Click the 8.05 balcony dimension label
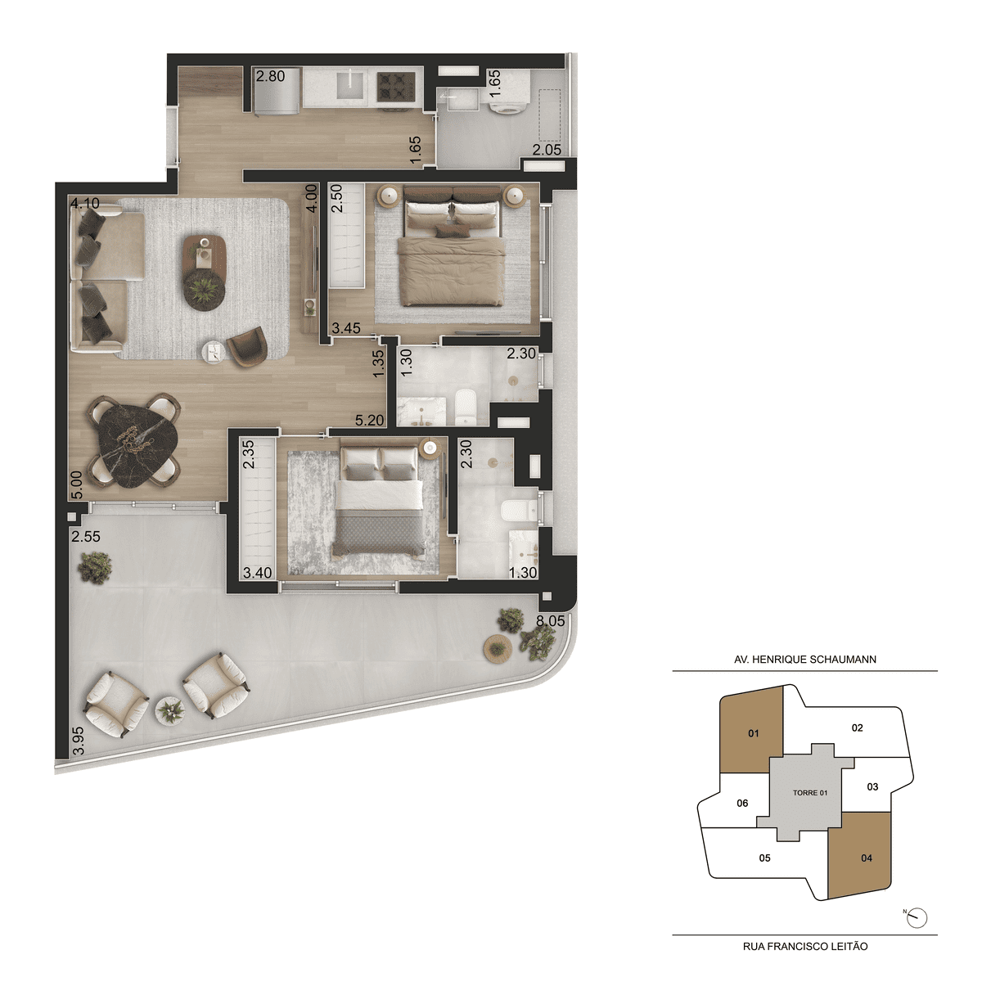(x=551, y=620)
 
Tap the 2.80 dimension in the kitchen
(x=271, y=76)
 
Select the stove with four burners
(x=396, y=86)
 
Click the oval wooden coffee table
(x=205, y=273)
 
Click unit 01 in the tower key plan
(x=751, y=734)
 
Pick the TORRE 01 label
(x=810, y=792)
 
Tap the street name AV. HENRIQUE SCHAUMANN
(x=805, y=660)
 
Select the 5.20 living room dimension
(x=369, y=421)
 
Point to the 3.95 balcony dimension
(x=78, y=741)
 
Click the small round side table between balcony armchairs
(x=171, y=709)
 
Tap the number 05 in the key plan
(x=764, y=858)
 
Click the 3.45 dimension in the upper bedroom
(x=346, y=328)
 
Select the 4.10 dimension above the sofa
(x=85, y=204)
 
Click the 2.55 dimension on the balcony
(x=86, y=537)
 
